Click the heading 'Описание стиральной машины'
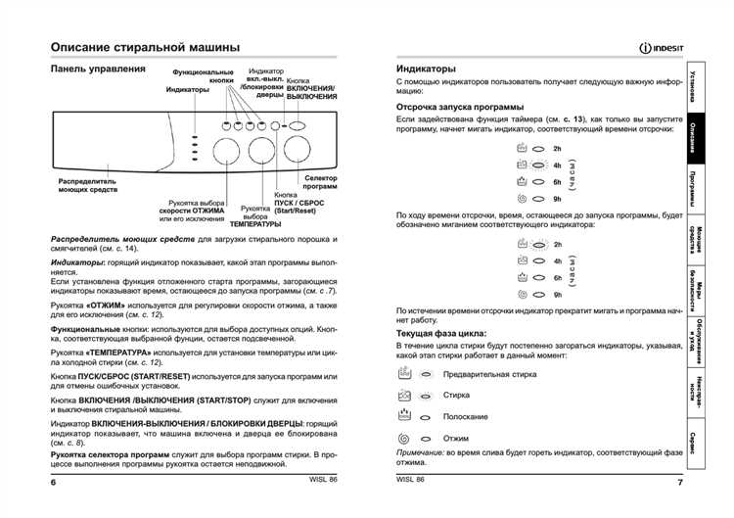click(x=146, y=47)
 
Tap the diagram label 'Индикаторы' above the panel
click(x=188, y=89)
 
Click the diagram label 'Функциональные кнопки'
click(x=204, y=76)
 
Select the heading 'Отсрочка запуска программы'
click(x=459, y=106)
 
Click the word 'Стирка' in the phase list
click(x=456, y=396)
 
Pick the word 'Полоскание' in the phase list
click(x=467, y=417)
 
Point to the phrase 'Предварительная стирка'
click(x=489, y=374)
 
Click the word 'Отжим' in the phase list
click(x=456, y=439)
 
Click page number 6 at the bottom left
click(x=54, y=483)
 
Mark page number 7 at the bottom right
click(x=679, y=483)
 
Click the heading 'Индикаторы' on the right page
click(x=426, y=70)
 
